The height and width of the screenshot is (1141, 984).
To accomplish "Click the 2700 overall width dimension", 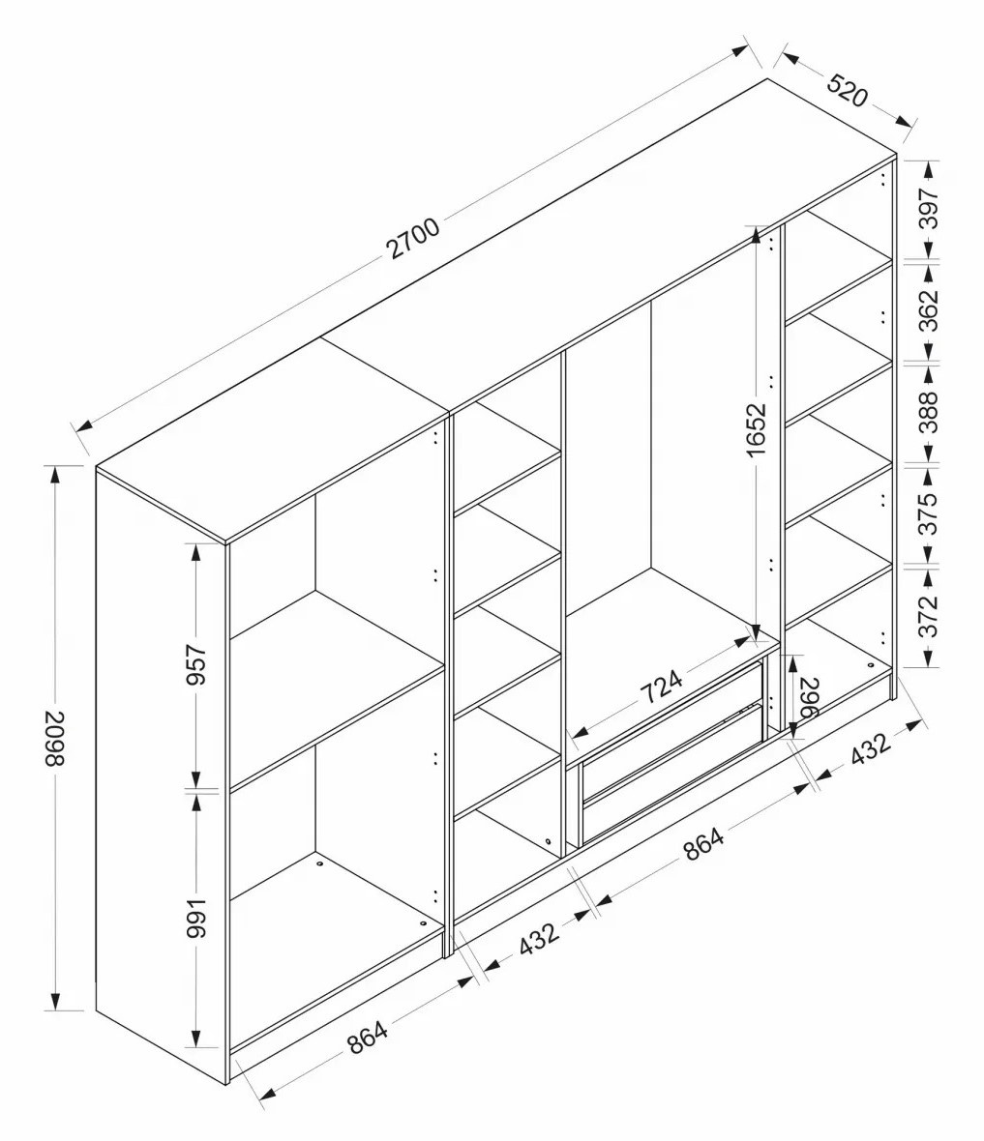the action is coord(414,237).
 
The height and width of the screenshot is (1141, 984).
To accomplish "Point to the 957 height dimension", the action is coord(196,664).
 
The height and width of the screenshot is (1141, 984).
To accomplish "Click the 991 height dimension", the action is coord(196,919).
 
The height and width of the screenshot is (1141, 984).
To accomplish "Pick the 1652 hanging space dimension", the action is coord(757,429).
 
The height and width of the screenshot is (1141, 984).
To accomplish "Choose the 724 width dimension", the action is coord(662,687).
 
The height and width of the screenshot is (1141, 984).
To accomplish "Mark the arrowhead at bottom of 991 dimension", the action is coord(196,1037).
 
